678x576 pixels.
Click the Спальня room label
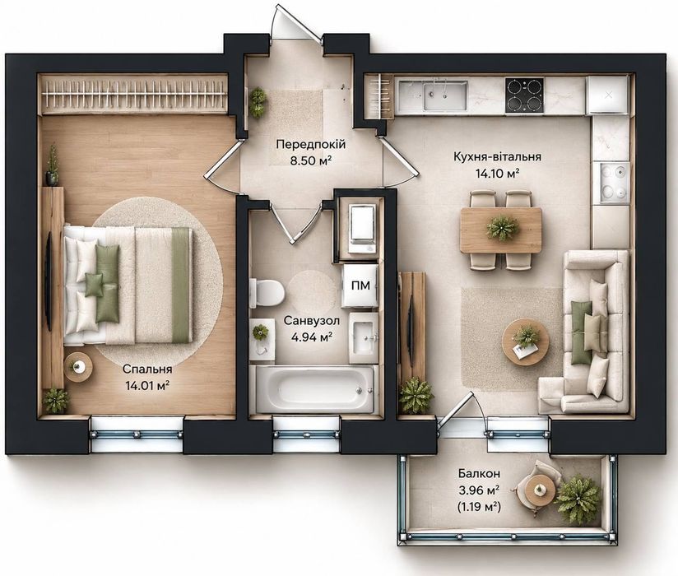pos(147,369)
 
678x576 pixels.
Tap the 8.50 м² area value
pos(311,161)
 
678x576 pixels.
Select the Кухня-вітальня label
pos(497,156)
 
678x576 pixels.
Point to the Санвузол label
pos(312,321)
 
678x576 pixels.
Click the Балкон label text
pos(480,473)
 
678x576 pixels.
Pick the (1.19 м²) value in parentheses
pos(479,506)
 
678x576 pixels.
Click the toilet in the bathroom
pos(267,292)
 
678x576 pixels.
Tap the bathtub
pos(314,389)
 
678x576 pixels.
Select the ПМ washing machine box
pos(360,286)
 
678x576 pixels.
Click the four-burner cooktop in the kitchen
pos(524,95)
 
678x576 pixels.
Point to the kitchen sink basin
pos(444,96)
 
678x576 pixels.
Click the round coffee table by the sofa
pos(527,341)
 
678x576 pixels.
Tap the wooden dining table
pos(501,230)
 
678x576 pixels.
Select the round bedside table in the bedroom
pos(78,367)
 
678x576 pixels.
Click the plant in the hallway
pos(258,101)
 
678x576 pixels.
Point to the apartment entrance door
pos(301,26)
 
